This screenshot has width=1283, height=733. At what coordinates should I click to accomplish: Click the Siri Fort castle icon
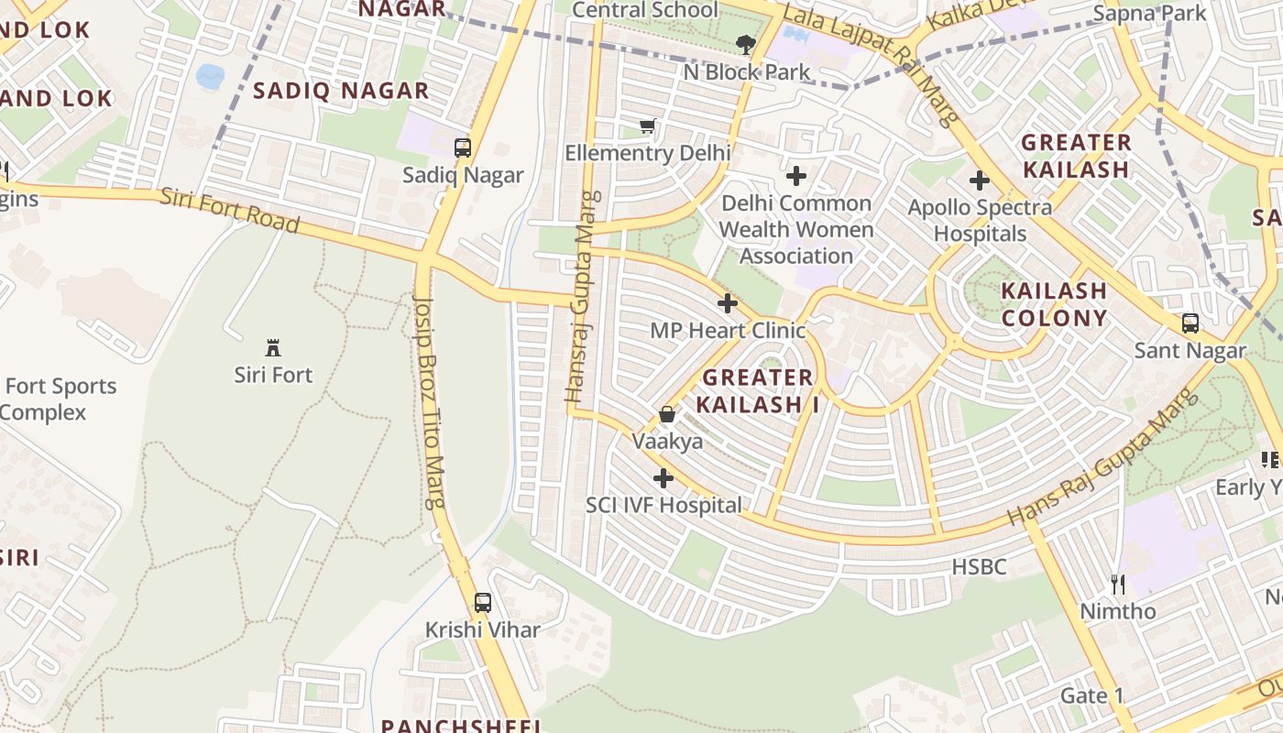pyautogui.click(x=272, y=348)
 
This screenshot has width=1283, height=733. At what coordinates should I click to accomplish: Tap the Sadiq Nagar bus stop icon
pyautogui.click(x=463, y=148)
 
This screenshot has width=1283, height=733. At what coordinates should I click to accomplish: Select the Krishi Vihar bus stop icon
pyautogui.click(x=482, y=603)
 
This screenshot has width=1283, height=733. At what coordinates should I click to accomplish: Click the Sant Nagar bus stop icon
pyautogui.click(x=1190, y=323)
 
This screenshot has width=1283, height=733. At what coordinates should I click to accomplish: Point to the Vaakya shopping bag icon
pyautogui.click(x=667, y=414)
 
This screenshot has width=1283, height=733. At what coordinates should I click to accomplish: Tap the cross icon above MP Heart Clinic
pyautogui.click(x=728, y=303)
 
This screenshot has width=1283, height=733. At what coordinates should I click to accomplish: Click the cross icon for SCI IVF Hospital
pyautogui.click(x=663, y=478)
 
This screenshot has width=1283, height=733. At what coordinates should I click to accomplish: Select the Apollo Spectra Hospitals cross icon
pyautogui.click(x=980, y=181)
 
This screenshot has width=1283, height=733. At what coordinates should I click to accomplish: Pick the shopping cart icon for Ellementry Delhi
pyautogui.click(x=648, y=126)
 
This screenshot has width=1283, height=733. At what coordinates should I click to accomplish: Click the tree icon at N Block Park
pyautogui.click(x=746, y=44)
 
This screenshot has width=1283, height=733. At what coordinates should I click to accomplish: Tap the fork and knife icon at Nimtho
pyautogui.click(x=1117, y=584)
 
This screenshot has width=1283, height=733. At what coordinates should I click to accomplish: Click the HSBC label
pyautogui.click(x=979, y=567)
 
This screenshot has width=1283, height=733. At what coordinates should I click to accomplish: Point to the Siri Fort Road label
pyautogui.click(x=230, y=210)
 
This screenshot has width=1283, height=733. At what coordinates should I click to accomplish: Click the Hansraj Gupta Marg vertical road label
pyautogui.click(x=583, y=298)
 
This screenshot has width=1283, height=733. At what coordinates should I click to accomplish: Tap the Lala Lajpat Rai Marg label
pyautogui.click(x=871, y=64)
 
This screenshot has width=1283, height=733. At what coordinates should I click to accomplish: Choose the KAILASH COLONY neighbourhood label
pyautogui.click(x=1054, y=304)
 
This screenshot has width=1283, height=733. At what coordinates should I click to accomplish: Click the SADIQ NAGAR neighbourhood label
pyautogui.click(x=341, y=91)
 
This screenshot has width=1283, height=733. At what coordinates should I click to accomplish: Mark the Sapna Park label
pyautogui.click(x=1149, y=14)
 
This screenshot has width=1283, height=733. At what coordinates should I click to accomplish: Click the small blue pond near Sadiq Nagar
pyautogui.click(x=210, y=76)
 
